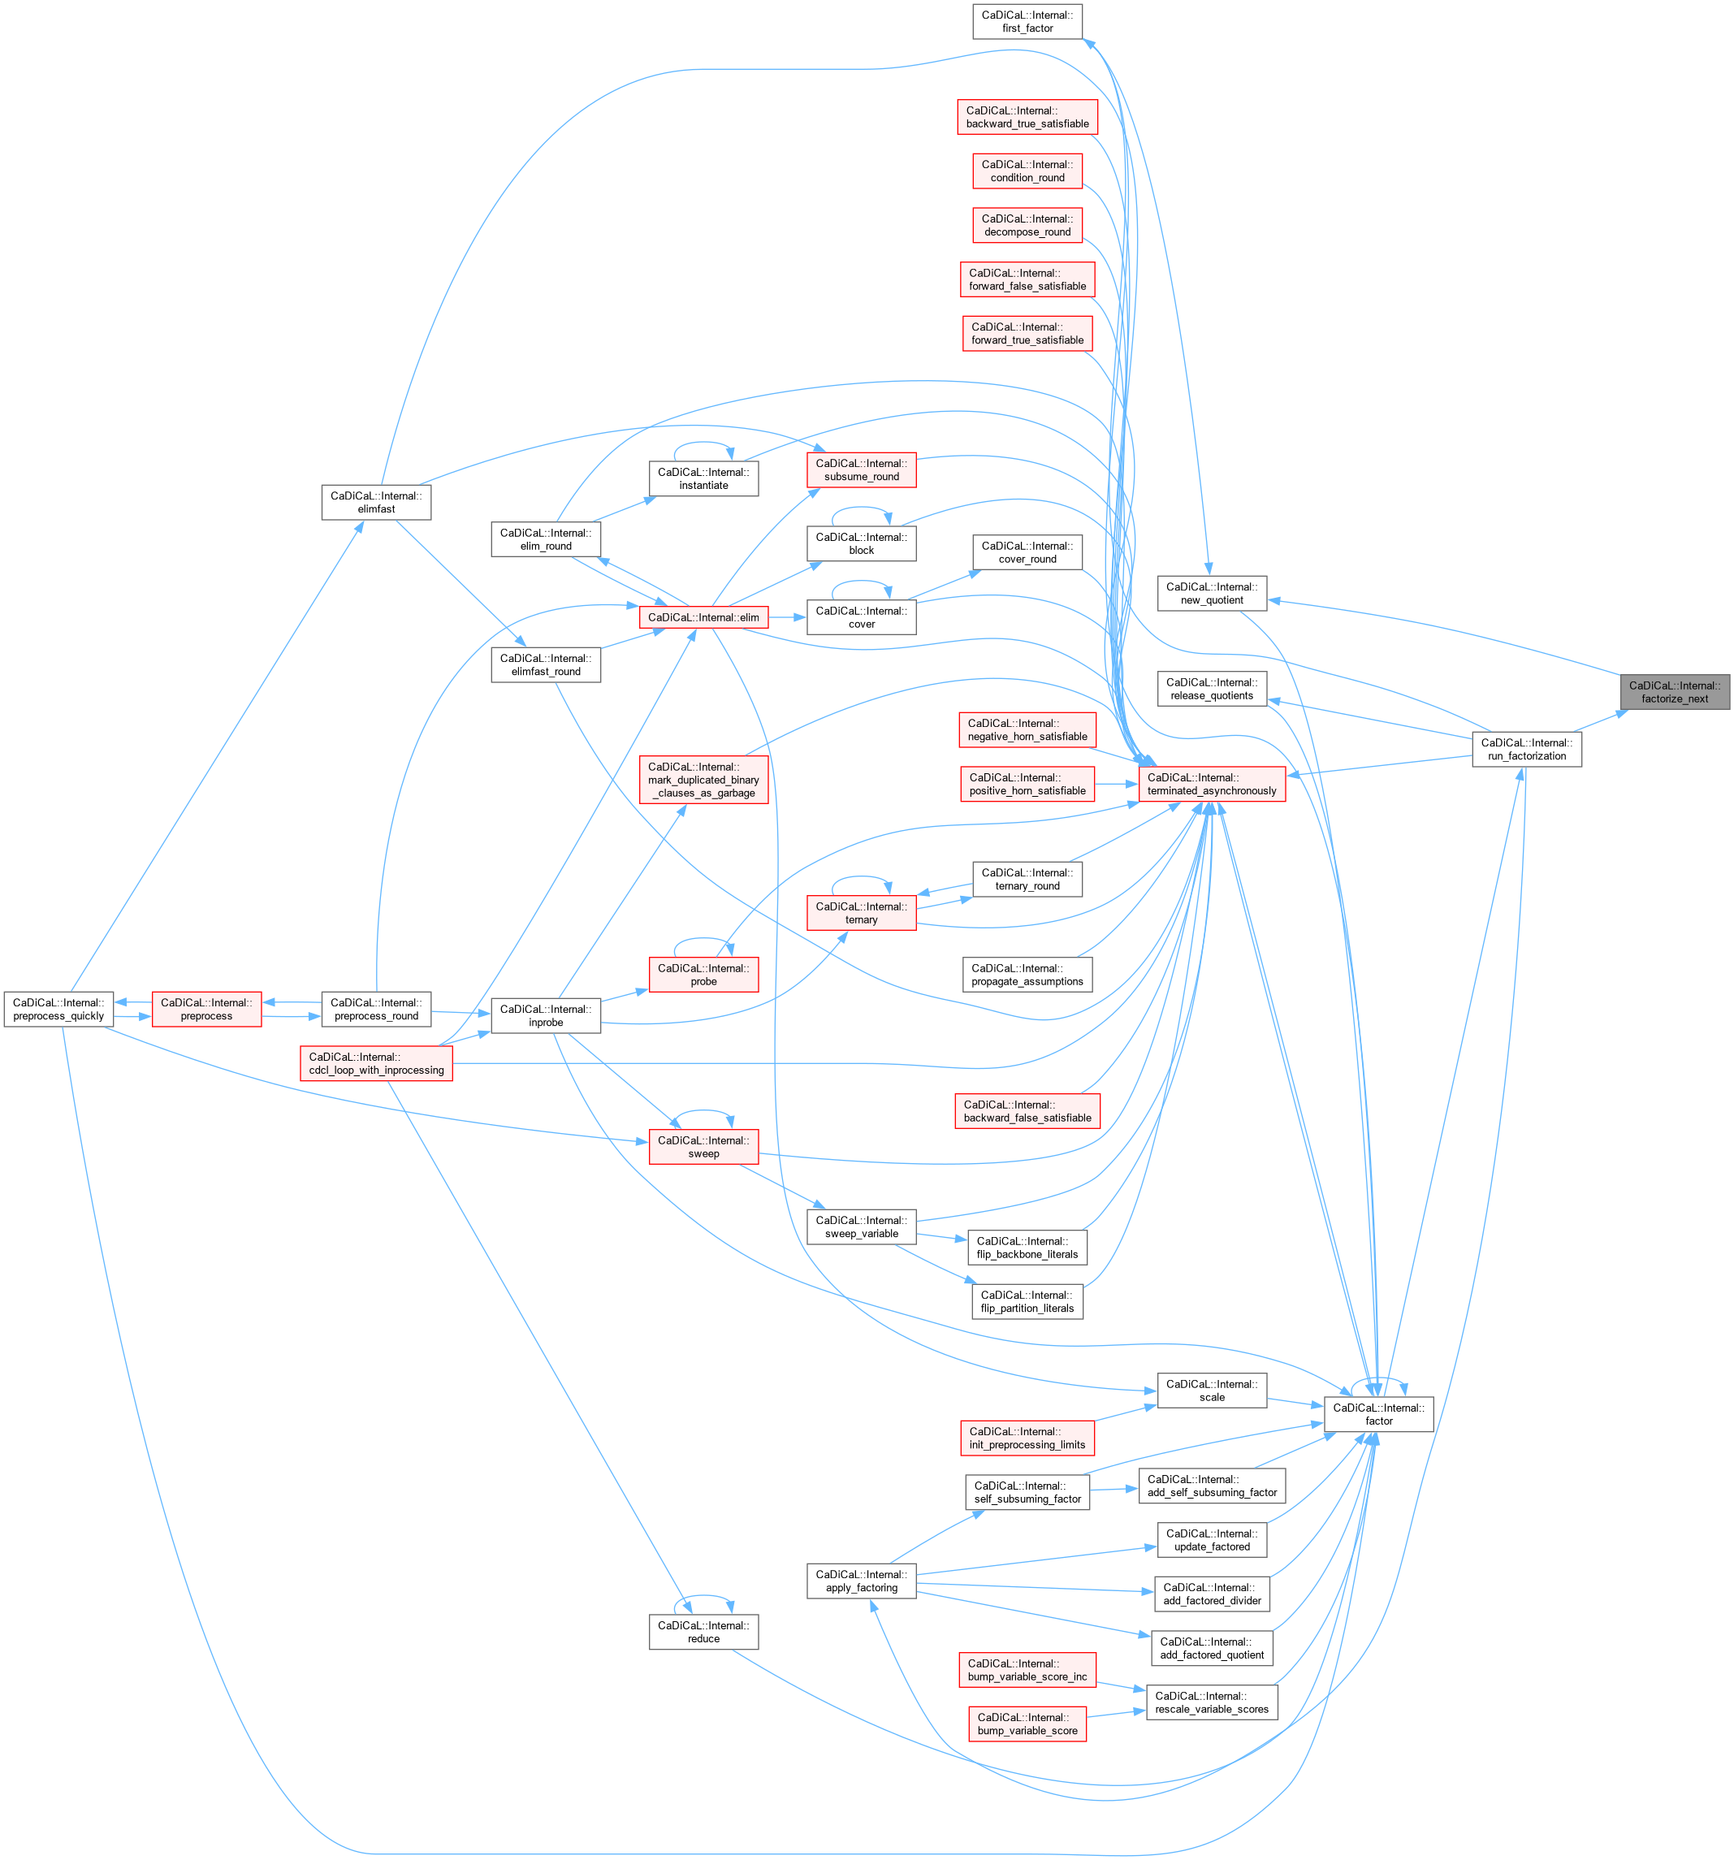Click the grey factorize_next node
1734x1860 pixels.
(1674, 692)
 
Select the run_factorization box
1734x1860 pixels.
(1526, 750)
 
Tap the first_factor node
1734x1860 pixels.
(1027, 21)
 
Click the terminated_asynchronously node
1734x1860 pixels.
(1211, 784)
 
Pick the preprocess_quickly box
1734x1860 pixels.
(58, 1010)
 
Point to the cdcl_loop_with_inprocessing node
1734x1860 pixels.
(376, 1064)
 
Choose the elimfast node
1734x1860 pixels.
(376, 503)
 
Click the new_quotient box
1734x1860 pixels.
(1211, 593)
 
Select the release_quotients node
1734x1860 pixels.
(1211, 689)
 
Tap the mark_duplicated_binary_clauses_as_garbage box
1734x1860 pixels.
(703, 780)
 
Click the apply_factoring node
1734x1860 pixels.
(861, 1581)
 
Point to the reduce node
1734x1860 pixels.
(703, 1632)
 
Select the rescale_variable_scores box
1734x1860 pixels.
(1211, 1702)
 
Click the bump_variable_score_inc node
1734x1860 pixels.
(1027, 1670)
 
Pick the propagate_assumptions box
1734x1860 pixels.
(1027, 975)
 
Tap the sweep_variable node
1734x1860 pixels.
(861, 1226)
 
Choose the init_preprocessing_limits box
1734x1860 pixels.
(1027, 1438)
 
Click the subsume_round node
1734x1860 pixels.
(861, 469)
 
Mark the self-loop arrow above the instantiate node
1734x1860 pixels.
(703, 443)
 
